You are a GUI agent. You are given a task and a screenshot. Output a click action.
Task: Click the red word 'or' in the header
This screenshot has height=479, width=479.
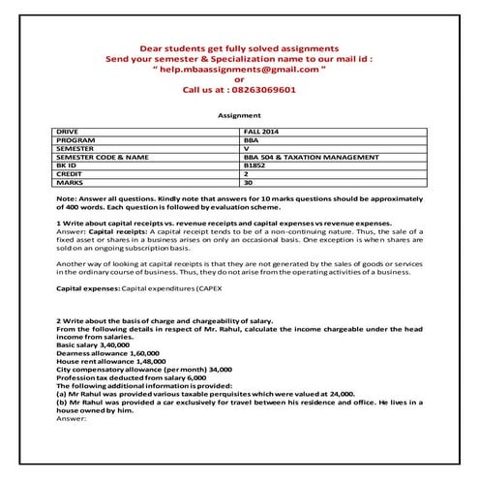[239, 79]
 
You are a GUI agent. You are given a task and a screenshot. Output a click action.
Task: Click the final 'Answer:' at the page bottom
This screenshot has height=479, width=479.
[74, 419]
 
